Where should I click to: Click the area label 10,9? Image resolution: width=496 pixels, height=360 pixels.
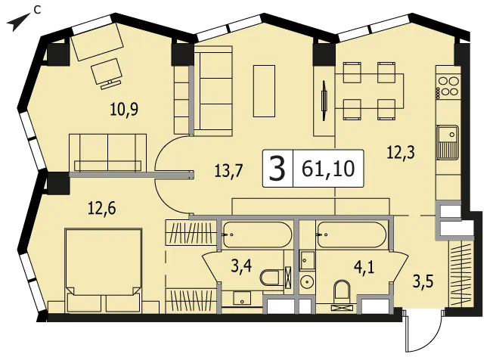coord(124,110)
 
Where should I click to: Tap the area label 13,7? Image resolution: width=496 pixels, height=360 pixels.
coord(228,171)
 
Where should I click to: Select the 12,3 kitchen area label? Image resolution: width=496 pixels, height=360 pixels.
coord(401,153)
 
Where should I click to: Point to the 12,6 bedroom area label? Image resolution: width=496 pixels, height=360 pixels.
coord(102,209)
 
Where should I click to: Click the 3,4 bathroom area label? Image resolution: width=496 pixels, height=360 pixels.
coord(241,265)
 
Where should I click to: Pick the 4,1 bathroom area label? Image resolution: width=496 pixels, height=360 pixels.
coord(364,268)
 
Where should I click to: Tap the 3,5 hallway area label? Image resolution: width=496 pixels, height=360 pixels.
coord(423,281)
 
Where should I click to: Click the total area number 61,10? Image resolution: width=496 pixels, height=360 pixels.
coord(328,169)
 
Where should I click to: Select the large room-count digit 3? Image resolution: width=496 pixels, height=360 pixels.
coord(277,169)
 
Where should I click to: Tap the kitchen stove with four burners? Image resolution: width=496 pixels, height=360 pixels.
coord(448,86)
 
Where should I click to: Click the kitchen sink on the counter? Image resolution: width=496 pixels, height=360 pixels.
coord(448,142)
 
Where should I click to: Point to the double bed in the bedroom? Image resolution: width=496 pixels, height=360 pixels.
coord(103,270)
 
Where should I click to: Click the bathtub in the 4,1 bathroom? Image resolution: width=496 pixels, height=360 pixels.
coord(352,234)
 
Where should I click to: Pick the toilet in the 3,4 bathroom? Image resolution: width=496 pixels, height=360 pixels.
coord(270,278)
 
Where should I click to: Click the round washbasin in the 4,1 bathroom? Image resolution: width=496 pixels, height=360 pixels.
coord(306,282)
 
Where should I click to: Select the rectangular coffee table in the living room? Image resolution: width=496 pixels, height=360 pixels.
coord(264,91)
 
